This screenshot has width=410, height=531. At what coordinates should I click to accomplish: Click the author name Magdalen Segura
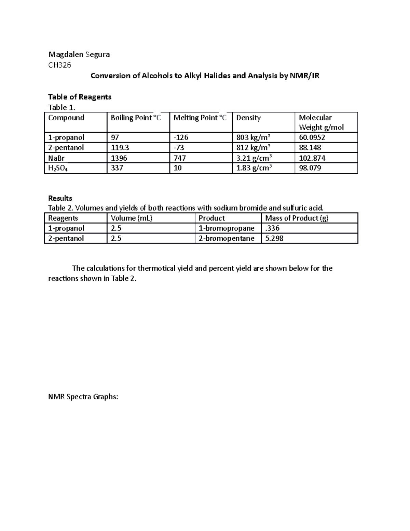click(x=79, y=54)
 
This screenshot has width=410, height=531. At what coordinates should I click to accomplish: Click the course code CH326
click(x=60, y=65)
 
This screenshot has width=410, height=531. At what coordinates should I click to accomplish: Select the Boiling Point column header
click(x=136, y=118)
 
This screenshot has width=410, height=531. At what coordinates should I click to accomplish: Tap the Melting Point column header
click(x=200, y=118)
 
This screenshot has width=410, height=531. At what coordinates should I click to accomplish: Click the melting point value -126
click(x=181, y=137)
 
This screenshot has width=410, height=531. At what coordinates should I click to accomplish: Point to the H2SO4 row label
click(x=58, y=168)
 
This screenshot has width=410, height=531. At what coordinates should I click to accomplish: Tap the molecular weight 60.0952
click(x=312, y=137)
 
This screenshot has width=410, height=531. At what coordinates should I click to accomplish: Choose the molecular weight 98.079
click(x=310, y=168)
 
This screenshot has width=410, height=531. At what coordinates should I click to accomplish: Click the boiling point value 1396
click(x=119, y=158)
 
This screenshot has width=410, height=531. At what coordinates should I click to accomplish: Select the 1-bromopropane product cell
click(x=227, y=228)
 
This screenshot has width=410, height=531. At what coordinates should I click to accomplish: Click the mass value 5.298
click(x=274, y=238)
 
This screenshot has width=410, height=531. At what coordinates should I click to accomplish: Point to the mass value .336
click(x=272, y=228)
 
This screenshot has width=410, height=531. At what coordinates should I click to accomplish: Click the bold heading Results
click(x=60, y=198)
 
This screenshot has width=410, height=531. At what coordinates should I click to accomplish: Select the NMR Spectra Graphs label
click(x=83, y=397)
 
